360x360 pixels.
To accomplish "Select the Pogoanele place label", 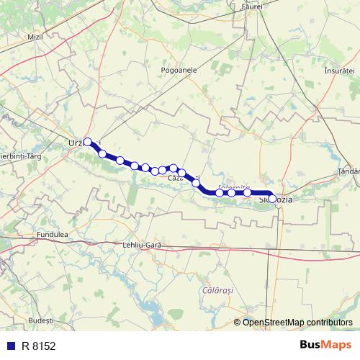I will (x=179, y=70).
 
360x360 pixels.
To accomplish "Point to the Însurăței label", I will (x=340, y=71).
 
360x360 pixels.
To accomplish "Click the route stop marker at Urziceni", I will (x=88, y=142).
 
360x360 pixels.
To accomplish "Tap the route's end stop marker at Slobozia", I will (x=272, y=197).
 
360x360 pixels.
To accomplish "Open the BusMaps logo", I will (x=325, y=344).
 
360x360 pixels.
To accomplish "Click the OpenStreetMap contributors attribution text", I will (x=297, y=323).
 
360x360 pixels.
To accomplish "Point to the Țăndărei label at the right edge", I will (x=348, y=171).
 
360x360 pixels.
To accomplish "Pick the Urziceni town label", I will (x=76, y=142).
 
